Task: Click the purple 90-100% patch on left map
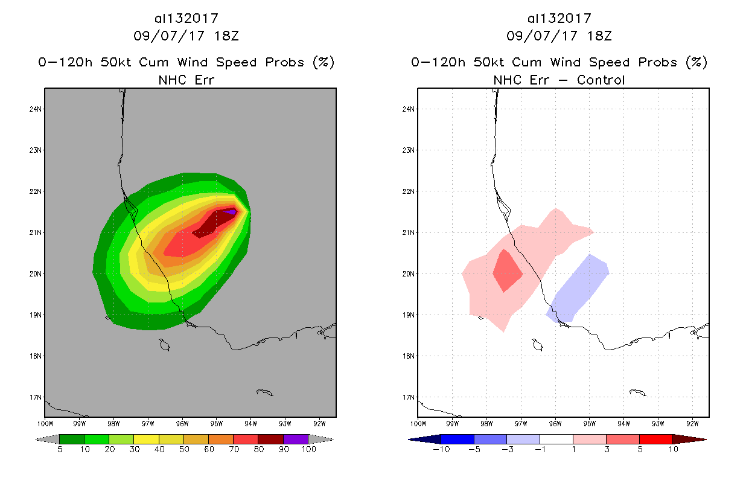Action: click(231, 212)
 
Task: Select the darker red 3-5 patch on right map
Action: click(507, 271)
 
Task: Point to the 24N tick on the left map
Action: click(37, 109)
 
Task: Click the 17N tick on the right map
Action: click(409, 397)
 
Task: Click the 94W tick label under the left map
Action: click(251, 423)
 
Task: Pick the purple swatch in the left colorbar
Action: click(296, 439)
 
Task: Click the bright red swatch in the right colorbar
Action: click(655, 439)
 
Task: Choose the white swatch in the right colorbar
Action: click(556, 439)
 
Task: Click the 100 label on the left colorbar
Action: click(308, 450)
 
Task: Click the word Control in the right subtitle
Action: click(601, 80)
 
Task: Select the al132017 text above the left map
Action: click(186, 18)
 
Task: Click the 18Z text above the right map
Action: click(599, 36)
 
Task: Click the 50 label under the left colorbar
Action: click(183, 450)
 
